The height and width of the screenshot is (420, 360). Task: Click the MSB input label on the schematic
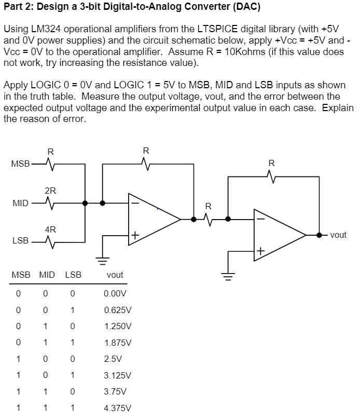(x=20, y=164)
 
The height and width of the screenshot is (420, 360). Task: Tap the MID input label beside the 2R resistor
(x=20, y=202)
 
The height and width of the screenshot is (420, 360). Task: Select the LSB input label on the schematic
(x=20, y=241)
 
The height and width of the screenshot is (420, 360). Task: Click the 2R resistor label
(x=50, y=191)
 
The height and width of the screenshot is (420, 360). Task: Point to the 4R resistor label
(x=50, y=229)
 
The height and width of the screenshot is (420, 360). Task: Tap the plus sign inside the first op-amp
(x=135, y=235)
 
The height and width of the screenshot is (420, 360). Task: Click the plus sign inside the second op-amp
(x=260, y=252)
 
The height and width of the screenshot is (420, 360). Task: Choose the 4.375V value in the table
(x=118, y=408)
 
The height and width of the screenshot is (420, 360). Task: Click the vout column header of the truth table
(x=115, y=275)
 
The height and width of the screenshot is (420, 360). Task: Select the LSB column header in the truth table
(x=73, y=275)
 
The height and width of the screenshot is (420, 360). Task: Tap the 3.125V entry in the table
(x=118, y=375)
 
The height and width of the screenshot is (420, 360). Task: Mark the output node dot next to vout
(x=321, y=235)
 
